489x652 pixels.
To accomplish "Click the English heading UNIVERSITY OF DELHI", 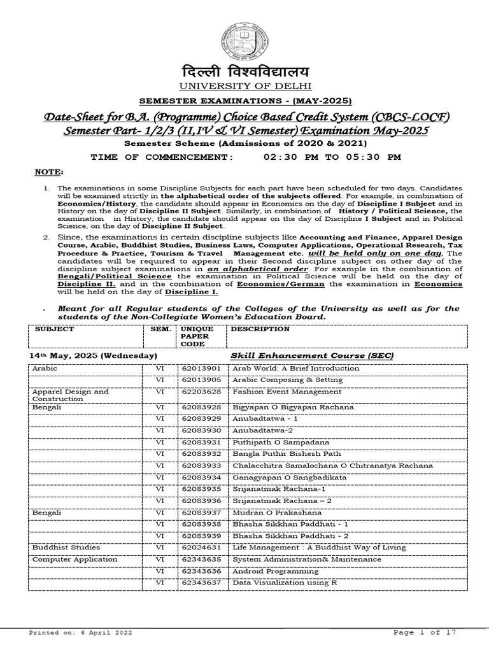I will pos(244,85).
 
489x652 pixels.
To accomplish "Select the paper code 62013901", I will pos(201,368).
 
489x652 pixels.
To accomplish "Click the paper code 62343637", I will pos(201,583).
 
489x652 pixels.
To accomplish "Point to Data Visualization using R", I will pos(285,583).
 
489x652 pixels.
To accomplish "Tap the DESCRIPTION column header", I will pos(260,329).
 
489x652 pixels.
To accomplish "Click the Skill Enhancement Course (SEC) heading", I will pos(311,355).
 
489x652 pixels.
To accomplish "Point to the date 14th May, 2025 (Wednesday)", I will pos(94,355).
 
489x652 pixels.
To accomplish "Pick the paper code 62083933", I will pos(201,465).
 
